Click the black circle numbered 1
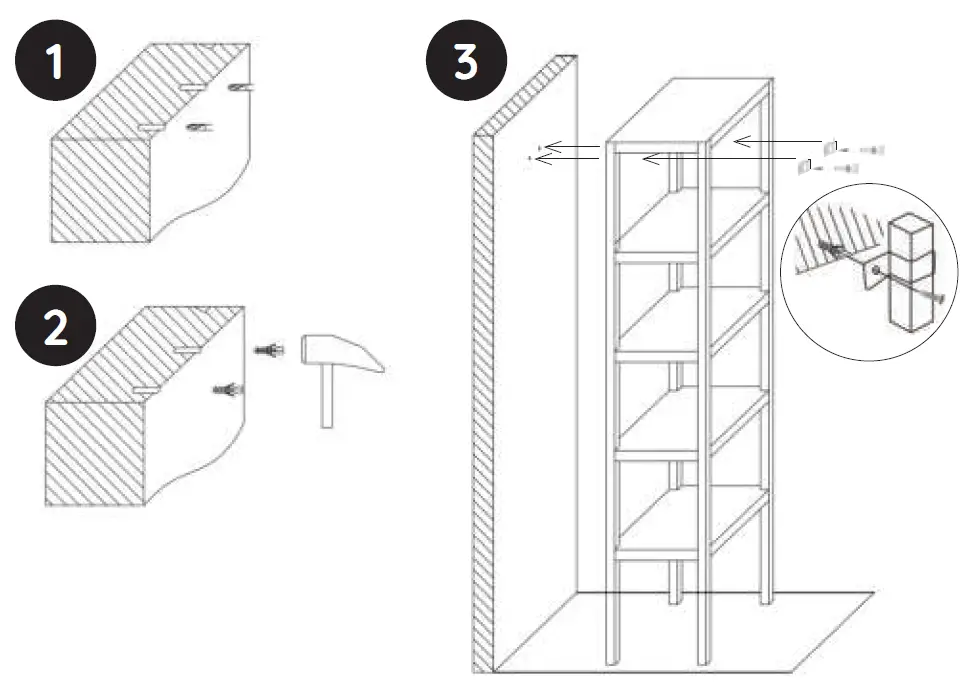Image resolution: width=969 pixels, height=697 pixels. point(56,62)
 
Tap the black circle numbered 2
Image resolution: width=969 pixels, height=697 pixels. point(56,331)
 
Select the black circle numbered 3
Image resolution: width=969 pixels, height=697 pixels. point(466,62)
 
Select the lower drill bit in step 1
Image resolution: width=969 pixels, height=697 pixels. point(200,128)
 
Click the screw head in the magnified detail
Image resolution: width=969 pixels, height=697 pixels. point(940,300)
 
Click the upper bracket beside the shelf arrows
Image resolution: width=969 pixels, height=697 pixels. point(827,148)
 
